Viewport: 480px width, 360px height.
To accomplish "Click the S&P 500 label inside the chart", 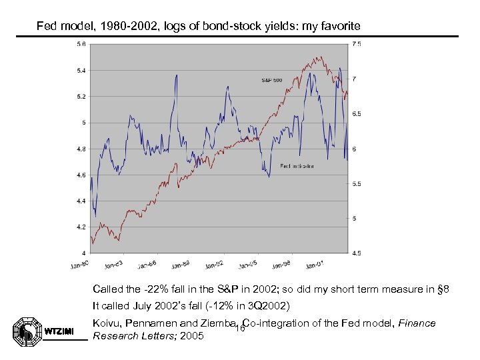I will (271, 80).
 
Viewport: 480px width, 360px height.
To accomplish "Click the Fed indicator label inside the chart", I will (297, 166).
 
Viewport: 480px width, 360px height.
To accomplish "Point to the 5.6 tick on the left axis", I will (80, 44).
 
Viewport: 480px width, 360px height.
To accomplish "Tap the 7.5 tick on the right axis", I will (357, 44).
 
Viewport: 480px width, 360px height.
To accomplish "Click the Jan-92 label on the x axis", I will (215, 265).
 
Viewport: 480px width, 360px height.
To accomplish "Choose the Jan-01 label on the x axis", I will (315, 265).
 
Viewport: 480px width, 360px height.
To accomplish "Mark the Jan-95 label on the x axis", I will (248, 265).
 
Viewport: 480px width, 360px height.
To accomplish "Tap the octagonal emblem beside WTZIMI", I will (26, 329).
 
